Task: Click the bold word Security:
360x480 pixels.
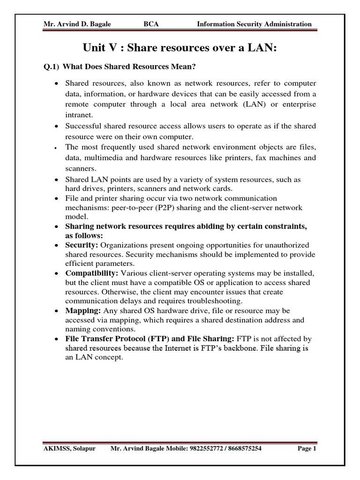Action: (x=82, y=245)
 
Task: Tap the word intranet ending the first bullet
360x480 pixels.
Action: (x=79, y=114)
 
